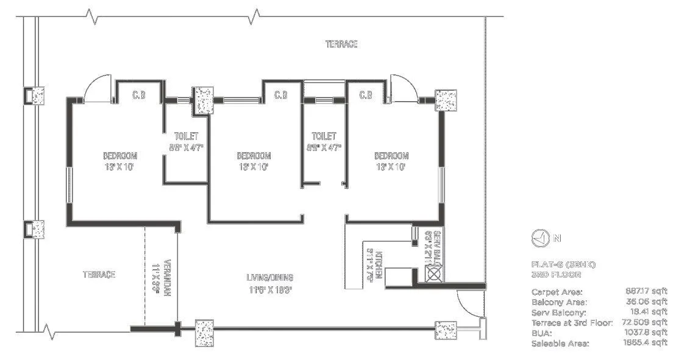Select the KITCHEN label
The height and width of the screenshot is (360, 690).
click(378, 265)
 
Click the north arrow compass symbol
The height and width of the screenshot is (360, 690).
click(541, 239)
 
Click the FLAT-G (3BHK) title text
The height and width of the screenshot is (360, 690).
click(563, 265)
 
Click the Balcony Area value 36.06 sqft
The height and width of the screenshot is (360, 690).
click(648, 302)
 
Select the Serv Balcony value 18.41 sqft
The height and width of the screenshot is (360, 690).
click(649, 312)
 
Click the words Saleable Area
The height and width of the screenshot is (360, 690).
click(560, 343)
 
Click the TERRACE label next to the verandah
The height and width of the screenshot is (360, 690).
click(99, 275)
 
